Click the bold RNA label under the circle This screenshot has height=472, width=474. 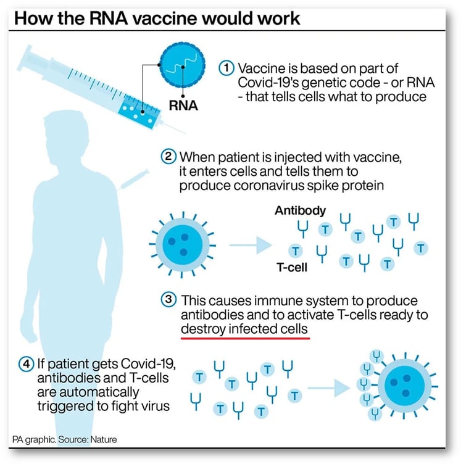(x=184, y=106)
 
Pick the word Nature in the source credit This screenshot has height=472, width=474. (x=102, y=440)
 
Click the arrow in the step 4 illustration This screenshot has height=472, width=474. (x=327, y=387)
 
